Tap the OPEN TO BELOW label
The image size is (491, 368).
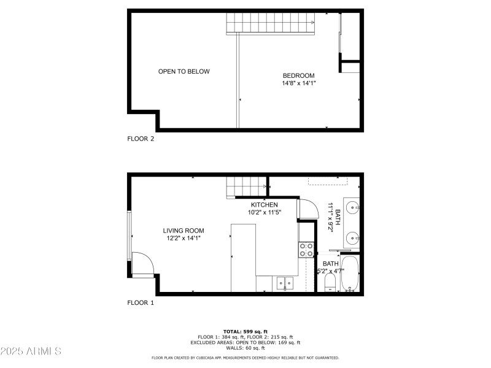(x=184, y=72)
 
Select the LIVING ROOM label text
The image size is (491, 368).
(x=184, y=231)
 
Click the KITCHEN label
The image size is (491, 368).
(x=264, y=205)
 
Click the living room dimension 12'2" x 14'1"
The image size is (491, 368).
(x=184, y=238)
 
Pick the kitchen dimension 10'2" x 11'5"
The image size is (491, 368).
(x=264, y=213)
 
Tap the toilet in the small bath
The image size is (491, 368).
(x=330, y=283)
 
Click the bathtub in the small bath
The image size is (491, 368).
(x=350, y=274)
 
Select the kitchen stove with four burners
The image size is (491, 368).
(x=306, y=249)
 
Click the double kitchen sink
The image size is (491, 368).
(x=284, y=283)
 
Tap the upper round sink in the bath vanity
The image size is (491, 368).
(x=352, y=207)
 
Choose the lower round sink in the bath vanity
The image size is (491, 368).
(x=352, y=237)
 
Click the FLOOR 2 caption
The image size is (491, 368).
(x=141, y=139)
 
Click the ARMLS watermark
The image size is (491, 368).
(x=31, y=351)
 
